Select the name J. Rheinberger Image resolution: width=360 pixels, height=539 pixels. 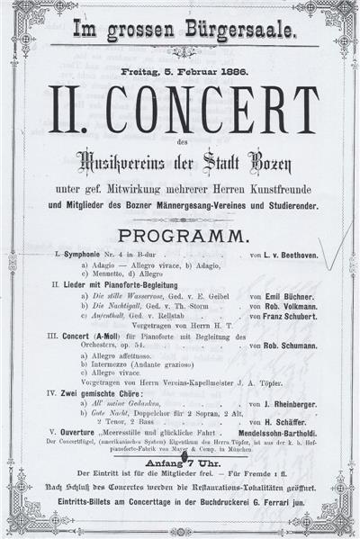coord(292,428)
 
